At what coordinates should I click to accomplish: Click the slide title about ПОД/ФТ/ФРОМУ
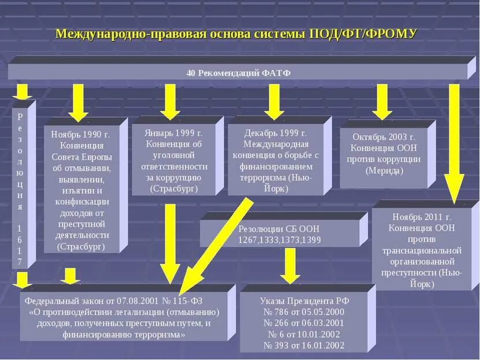(236, 34)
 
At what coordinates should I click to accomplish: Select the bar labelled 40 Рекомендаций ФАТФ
(238, 73)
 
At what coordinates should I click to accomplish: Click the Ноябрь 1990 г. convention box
(81, 190)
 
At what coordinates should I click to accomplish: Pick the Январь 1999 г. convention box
(173, 160)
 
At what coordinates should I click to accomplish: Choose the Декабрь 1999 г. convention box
(276, 160)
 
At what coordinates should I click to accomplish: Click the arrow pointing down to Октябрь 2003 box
(382, 101)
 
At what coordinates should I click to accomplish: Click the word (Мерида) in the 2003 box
(384, 170)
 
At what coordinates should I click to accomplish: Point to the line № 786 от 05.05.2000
(304, 312)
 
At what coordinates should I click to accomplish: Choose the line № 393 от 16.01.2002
(304, 345)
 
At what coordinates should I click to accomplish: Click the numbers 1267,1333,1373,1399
(279, 239)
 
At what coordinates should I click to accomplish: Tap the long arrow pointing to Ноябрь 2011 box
(455, 142)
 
